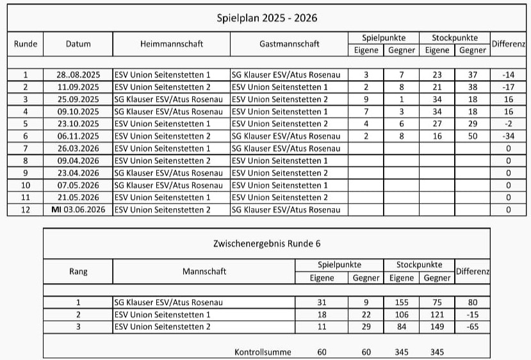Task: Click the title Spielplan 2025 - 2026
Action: [267, 18]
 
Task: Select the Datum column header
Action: [78, 44]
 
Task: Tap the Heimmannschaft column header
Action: [171, 44]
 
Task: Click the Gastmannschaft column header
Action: [290, 44]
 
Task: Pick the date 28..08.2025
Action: [78, 75]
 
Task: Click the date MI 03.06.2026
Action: [78, 210]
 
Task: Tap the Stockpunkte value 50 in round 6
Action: [473, 136]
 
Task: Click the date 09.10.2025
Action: [78, 111]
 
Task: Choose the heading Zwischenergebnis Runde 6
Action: [266, 243]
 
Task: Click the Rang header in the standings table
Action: [78, 272]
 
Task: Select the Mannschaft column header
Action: [204, 272]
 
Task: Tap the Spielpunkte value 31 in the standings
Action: [322, 302]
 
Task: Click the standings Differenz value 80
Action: [473, 302]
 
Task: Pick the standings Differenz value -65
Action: [473, 327]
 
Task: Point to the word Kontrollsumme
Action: [263, 352]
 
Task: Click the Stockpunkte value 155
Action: [402, 302]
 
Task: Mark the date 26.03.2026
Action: [78, 149]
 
